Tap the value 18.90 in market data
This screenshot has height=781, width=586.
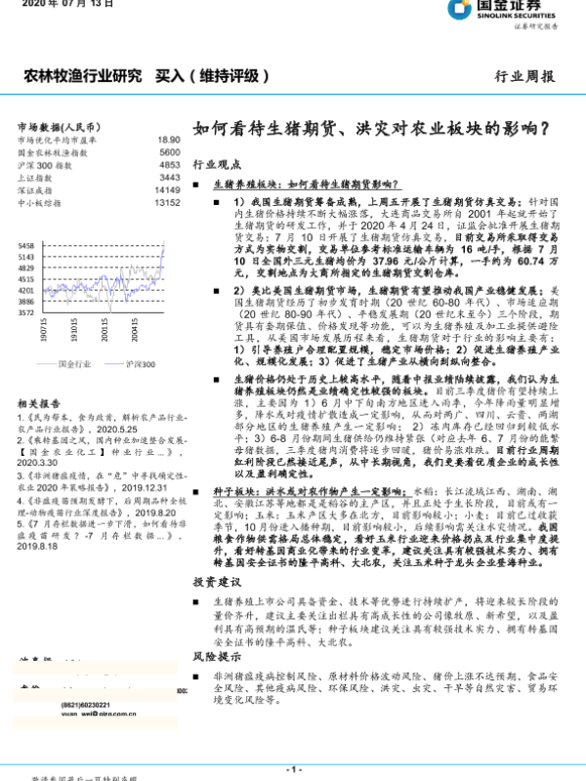point(168,141)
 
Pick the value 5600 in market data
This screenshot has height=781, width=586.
point(169,153)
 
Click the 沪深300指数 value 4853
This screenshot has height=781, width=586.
point(169,165)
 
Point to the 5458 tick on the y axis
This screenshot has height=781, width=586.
point(26,246)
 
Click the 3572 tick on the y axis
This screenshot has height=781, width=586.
point(26,313)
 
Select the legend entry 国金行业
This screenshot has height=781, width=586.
point(73,362)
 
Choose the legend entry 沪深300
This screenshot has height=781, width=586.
point(141,362)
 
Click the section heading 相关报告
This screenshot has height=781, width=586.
point(40,402)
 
